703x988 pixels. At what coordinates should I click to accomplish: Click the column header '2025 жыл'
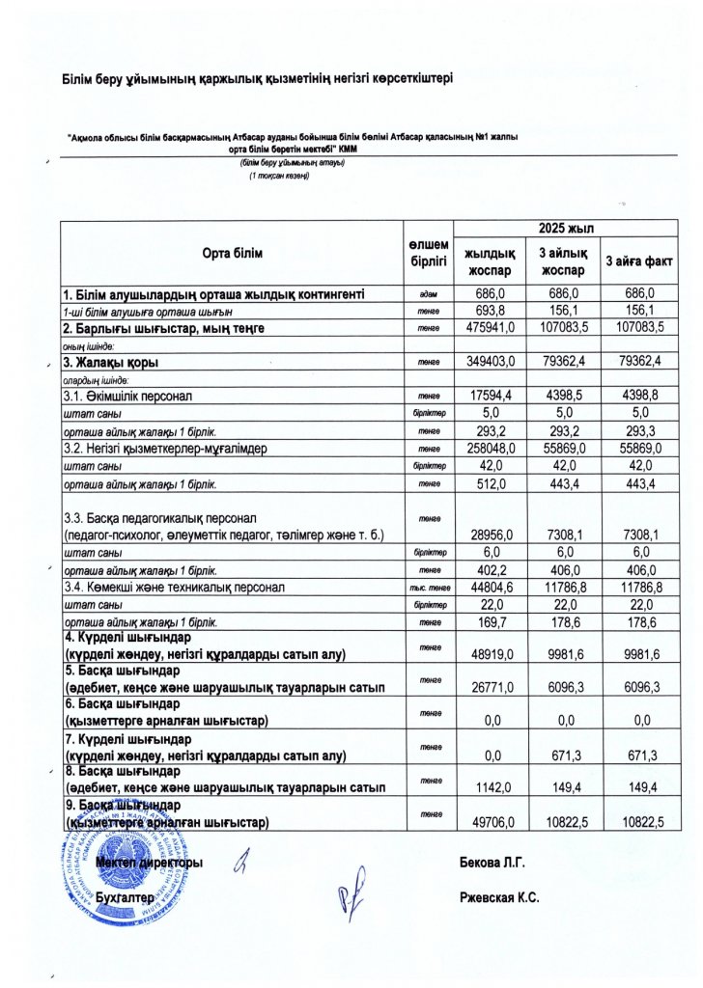pyautogui.click(x=566, y=226)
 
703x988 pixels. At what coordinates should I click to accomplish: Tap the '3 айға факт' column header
pyautogui.click(x=634, y=261)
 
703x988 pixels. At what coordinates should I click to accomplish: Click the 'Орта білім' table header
pyautogui.click(x=232, y=253)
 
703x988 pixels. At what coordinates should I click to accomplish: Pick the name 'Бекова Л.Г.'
pyautogui.click(x=492, y=862)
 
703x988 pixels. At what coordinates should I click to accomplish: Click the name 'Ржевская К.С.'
pyautogui.click(x=500, y=897)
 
